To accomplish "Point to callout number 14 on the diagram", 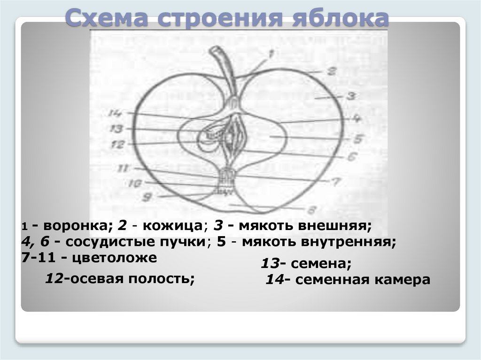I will (114, 113).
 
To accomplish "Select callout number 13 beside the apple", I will (115, 128).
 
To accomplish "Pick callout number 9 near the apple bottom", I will (146, 198).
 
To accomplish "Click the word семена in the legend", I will (325, 265).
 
